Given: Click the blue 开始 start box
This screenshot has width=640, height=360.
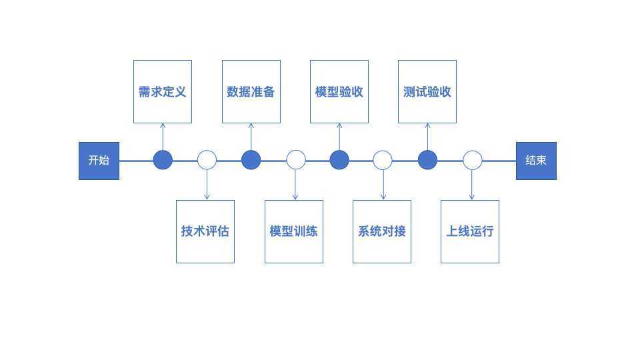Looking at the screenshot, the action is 99,161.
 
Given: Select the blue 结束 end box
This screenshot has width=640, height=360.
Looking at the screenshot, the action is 536,161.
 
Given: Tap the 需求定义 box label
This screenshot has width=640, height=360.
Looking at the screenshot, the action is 163,92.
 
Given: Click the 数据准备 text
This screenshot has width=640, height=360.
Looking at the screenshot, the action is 251,92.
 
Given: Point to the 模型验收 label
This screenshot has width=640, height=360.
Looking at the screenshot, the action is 339,92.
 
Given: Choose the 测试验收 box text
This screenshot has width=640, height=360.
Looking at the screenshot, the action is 427,92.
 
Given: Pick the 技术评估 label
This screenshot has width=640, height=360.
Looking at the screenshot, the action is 205,231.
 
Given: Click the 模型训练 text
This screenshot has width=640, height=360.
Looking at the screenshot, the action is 293,231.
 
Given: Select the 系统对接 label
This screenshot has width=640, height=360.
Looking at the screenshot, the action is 381,231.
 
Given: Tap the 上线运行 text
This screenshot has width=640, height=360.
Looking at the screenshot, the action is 470,231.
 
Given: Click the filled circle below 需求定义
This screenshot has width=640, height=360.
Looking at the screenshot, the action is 163,160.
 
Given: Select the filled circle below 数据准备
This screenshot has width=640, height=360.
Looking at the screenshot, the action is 251,160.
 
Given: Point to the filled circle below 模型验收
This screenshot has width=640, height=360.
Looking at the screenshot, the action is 339,160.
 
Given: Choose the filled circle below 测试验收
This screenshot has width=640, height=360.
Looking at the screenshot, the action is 428,160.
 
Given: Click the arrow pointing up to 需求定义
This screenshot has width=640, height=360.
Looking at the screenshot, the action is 163,137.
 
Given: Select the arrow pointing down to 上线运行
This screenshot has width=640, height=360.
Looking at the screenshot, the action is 472,185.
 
